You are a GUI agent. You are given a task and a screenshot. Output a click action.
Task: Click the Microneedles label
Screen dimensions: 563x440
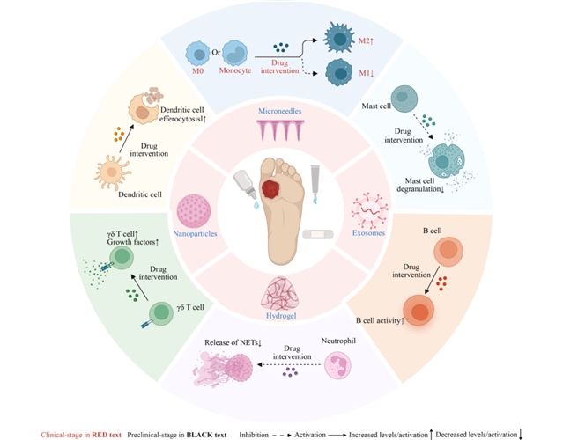pos(279,111)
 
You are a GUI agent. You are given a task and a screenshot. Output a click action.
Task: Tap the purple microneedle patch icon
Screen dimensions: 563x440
pos(280,130)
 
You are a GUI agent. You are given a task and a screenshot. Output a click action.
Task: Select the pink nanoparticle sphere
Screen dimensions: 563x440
pos(194,211)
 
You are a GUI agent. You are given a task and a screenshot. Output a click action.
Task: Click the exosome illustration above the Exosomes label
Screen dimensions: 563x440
pos(369,210)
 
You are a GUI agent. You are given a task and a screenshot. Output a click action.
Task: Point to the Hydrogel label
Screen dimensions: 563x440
pos(281,316)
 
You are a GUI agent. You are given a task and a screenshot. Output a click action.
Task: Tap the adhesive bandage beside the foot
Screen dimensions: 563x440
pos(318,235)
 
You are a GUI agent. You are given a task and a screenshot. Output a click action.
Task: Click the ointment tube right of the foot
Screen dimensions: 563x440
pos(315,184)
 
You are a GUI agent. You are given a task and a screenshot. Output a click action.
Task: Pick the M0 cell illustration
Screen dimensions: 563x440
pos(197,54)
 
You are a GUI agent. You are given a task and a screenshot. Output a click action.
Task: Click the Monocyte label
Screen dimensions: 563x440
pos(235,70)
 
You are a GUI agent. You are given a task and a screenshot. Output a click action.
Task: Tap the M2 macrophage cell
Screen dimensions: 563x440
pos(339,38)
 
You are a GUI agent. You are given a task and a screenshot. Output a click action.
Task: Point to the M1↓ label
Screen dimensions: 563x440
pos(367,73)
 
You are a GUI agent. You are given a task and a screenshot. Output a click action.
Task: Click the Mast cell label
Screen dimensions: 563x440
pos(376,106)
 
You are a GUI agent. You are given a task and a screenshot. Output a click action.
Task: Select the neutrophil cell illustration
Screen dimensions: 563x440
pos(337,365)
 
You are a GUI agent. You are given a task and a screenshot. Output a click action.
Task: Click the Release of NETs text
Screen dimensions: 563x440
pos(233,343)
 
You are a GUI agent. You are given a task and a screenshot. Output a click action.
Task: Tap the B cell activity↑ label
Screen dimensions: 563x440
pos(381,320)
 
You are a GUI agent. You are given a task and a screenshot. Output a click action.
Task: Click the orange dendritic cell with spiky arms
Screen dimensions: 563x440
pos(112,172)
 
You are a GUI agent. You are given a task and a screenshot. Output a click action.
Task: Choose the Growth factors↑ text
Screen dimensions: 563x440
pos(133,242)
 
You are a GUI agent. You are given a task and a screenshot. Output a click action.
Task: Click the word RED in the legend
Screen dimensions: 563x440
pos(100,435)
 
